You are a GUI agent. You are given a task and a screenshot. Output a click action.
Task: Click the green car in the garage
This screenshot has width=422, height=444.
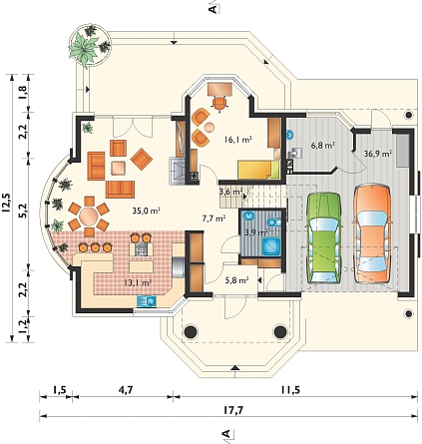[324, 237]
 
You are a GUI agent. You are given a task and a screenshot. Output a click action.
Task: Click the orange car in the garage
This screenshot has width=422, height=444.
[372, 233]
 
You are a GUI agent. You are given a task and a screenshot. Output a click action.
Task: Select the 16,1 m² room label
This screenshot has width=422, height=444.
[237, 140]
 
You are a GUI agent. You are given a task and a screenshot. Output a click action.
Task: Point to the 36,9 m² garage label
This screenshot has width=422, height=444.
[377, 154]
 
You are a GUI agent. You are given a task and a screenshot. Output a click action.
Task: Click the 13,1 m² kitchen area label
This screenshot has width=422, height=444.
[138, 282]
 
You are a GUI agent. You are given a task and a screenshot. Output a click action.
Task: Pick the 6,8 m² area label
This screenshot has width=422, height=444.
[322, 145]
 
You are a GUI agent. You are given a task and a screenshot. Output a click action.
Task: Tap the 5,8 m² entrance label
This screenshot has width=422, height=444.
[237, 280]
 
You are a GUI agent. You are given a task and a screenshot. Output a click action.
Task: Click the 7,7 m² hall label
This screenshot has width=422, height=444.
[214, 219]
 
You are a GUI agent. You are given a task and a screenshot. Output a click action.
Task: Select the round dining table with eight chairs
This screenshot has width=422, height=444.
[89, 217]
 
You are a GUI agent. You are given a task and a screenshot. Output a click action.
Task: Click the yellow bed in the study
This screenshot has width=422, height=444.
[258, 170]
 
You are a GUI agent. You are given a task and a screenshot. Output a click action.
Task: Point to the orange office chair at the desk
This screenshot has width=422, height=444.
[219, 103]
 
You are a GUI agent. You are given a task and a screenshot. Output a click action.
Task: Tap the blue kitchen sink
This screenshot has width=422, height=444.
[147, 301]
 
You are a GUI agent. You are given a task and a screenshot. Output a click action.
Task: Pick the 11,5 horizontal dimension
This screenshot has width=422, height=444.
[289, 389]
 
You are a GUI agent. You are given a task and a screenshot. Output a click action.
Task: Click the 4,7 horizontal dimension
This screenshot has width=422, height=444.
[126, 389]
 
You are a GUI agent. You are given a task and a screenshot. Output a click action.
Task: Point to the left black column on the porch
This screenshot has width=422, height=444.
[191, 331]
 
